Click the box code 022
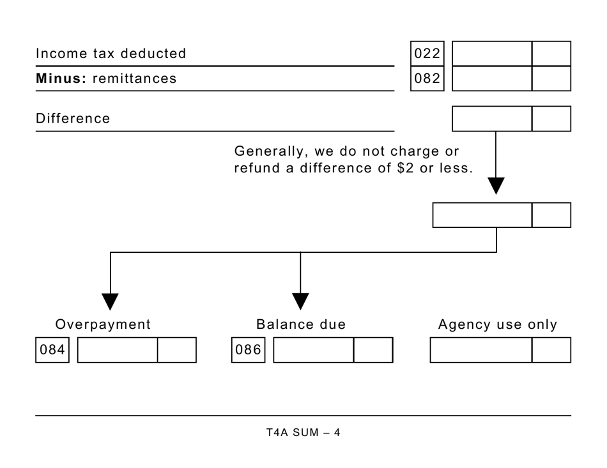[x=427, y=54]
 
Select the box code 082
[x=427, y=79]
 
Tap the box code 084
[x=53, y=351]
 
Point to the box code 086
[x=249, y=351]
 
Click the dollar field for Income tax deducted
[x=491, y=54]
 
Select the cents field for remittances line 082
[x=551, y=79]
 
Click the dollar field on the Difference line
[x=491, y=119]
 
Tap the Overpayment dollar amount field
[x=118, y=351]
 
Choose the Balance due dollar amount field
[x=314, y=351]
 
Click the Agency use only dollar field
[x=480, y=351]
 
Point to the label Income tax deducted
[x=111, y=54]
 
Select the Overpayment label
[x=103, y=324]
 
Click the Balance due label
[x=301, y=324]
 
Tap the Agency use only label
[x=497, y=324]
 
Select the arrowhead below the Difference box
[x=496, y=185]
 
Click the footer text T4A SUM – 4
[x=303, y=433]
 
